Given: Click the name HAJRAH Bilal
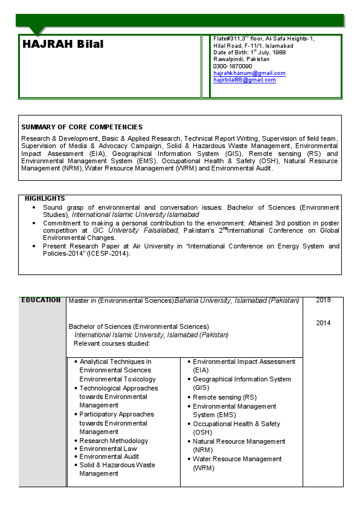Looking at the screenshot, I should tap(63, 45).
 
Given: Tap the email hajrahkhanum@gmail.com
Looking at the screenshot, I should tap(249, 73).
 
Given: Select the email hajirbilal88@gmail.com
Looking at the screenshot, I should tap(244, 80).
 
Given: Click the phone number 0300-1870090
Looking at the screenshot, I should tap(233, 66).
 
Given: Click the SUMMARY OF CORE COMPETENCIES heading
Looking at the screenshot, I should tap(82, 127).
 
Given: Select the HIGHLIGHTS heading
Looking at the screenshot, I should tap(45, 198).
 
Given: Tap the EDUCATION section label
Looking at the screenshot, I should tap(41, 300).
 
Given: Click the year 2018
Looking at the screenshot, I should tap(323, 300).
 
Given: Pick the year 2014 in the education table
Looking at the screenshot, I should tap(323, 323).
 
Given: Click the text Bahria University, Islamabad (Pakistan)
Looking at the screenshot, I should tap(237, 300).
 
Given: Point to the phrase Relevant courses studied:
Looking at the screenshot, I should tap(111, 343).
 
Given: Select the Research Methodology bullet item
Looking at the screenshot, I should tap(114, 441).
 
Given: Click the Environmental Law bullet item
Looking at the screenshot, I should tap(108, 449).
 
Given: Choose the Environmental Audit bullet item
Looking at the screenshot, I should tap(109, 456).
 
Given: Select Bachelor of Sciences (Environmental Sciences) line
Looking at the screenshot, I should tap(138, 326).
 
